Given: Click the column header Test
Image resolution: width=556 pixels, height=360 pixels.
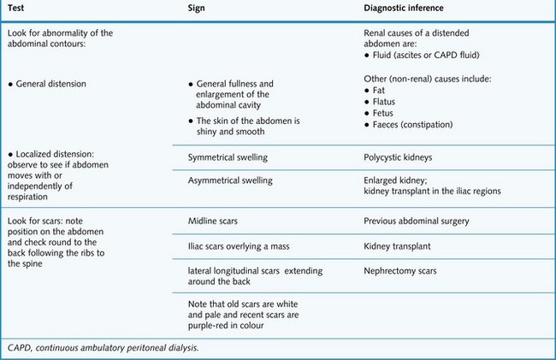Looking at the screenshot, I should pyautogui.click(x=15, y=9).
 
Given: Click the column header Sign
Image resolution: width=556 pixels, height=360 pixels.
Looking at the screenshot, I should pyautogui.click(x=197, y=9).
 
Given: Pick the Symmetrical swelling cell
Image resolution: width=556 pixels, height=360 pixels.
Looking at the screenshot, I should pyautogui.click(x=227, y=159).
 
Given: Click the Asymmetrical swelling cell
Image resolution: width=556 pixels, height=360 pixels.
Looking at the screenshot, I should pyautogui.click(x=229, y=180).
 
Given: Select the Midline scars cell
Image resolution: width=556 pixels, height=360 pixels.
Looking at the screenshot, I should pyautogui.click(x=212, y=221).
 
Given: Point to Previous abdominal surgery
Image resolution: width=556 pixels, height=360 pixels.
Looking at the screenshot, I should pyautogui.click(x=417, y=221).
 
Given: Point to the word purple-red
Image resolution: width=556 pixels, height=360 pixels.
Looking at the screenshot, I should pyautogui.click(x=211, y=325).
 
